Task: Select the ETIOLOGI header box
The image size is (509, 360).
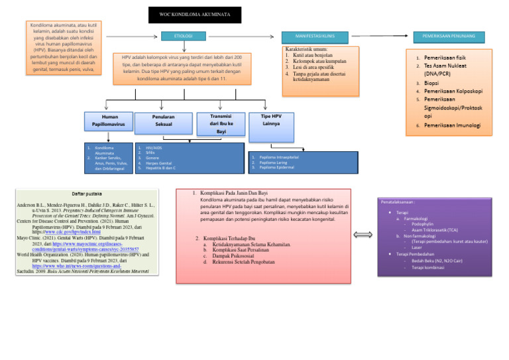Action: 183,34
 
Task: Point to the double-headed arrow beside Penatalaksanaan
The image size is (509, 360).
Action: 364,234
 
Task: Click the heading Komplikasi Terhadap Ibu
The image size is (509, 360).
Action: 234,238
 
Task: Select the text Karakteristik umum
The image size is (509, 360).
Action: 307,49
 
